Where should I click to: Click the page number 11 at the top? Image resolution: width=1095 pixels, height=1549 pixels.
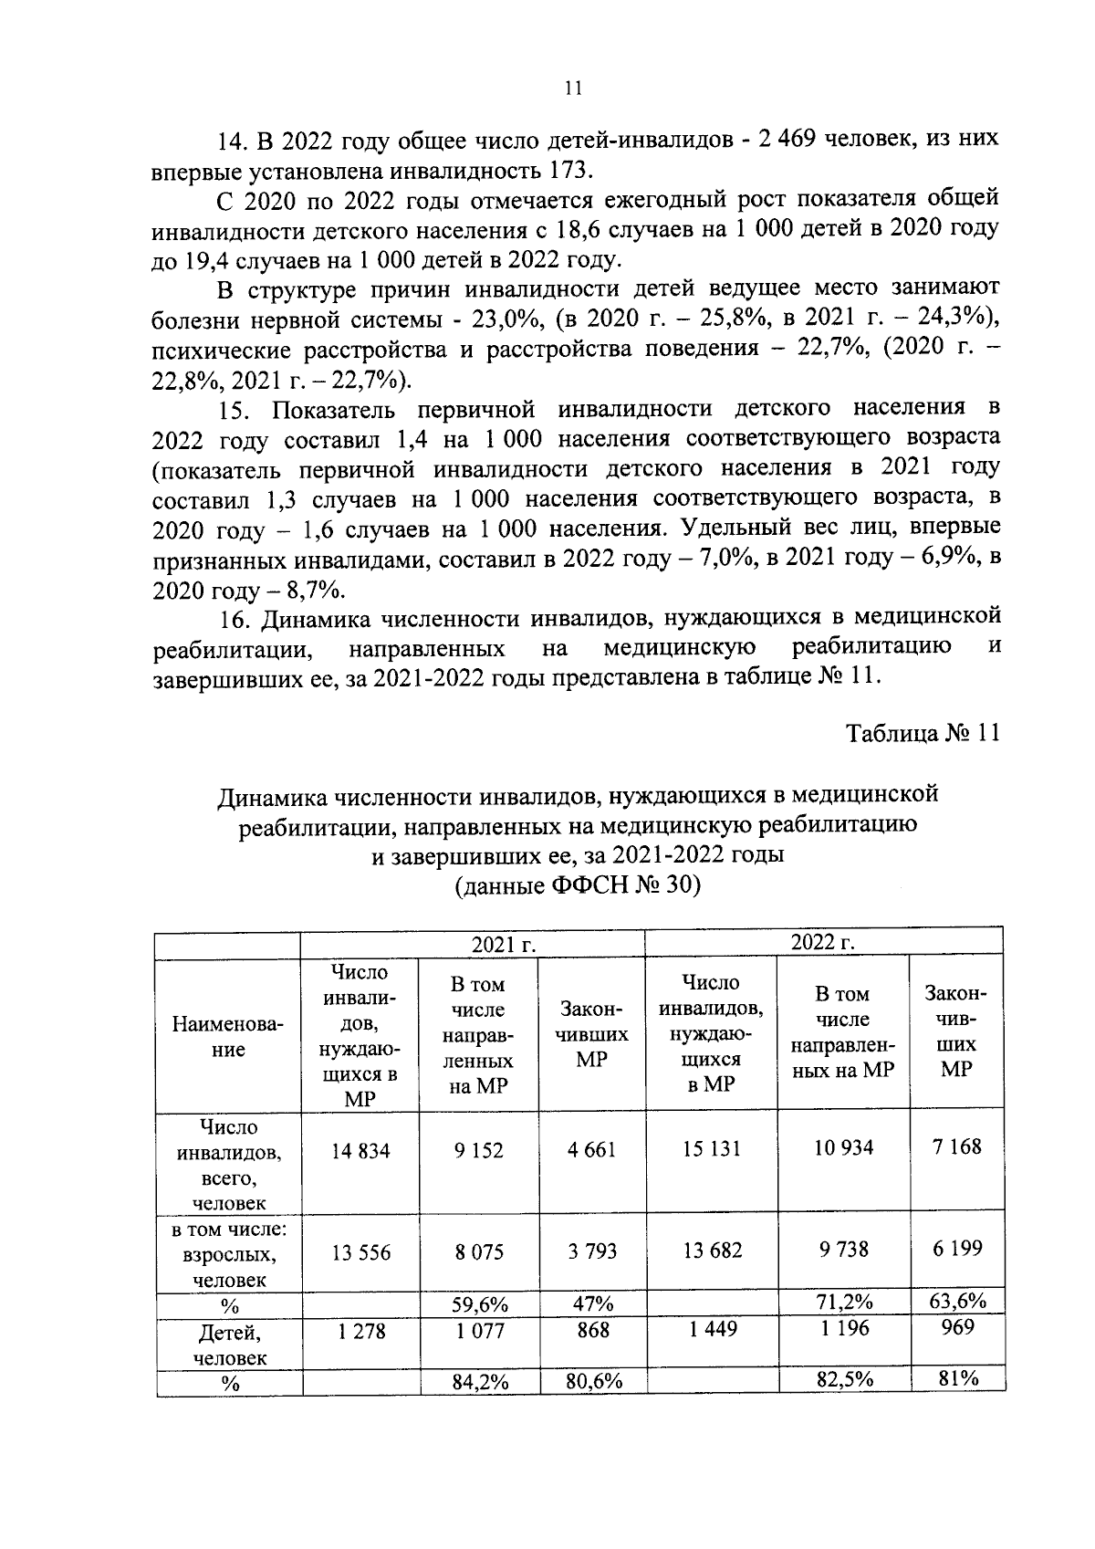click(x=573, y=89)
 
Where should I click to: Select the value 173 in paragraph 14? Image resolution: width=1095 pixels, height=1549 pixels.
click(x=570, y=171)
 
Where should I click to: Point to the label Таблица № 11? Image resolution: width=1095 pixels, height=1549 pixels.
click(x=923, y=734)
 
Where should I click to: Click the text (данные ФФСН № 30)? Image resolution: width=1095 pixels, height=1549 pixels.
click(x=577, y=886)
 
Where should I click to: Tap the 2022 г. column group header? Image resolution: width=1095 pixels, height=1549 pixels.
click(x=822, y=942)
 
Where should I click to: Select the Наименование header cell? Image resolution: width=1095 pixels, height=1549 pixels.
click(x=228, y=1037)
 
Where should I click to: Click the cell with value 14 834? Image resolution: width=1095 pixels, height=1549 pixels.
click(x=360, y=1151)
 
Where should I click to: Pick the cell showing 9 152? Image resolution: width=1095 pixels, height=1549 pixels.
click(x=478, y=1151)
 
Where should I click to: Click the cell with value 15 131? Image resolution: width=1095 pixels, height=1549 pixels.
click(x=711, y=1149)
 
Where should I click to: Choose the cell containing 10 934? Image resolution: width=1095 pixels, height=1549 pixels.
click(x=843, y=1147)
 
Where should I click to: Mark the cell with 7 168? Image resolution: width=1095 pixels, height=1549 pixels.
click(x=956, y=1146)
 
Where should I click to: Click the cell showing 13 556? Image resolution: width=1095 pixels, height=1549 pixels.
click(x=360, y=1253)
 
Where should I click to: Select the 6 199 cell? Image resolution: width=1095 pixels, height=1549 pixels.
click(x=956, y=1248)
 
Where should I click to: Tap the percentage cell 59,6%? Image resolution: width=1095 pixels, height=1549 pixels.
click(x=480, y=1304)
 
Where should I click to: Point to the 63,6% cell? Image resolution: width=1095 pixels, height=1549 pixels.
click(x=956, y=1300)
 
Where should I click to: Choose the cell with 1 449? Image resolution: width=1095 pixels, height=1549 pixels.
click(x=711, y=1330)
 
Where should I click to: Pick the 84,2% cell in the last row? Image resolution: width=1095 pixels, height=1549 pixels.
click(x=480, y=1383)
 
